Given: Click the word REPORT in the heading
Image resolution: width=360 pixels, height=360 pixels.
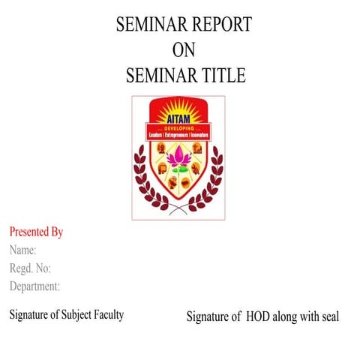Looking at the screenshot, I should pos(217,25).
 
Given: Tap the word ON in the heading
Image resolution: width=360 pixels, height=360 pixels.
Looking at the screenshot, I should pos(184,50).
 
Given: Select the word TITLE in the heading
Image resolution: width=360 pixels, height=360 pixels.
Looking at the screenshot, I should pos(220,75).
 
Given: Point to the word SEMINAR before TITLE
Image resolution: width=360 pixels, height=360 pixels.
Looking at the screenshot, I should pos(156,75).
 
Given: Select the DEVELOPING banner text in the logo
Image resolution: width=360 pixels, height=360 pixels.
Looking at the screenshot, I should pos(178,128).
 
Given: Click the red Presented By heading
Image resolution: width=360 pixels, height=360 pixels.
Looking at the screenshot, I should pos(36,232).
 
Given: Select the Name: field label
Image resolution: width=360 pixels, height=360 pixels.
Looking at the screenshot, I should pos(23,250).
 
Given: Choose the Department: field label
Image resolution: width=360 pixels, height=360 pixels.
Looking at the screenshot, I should pos(34,286).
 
